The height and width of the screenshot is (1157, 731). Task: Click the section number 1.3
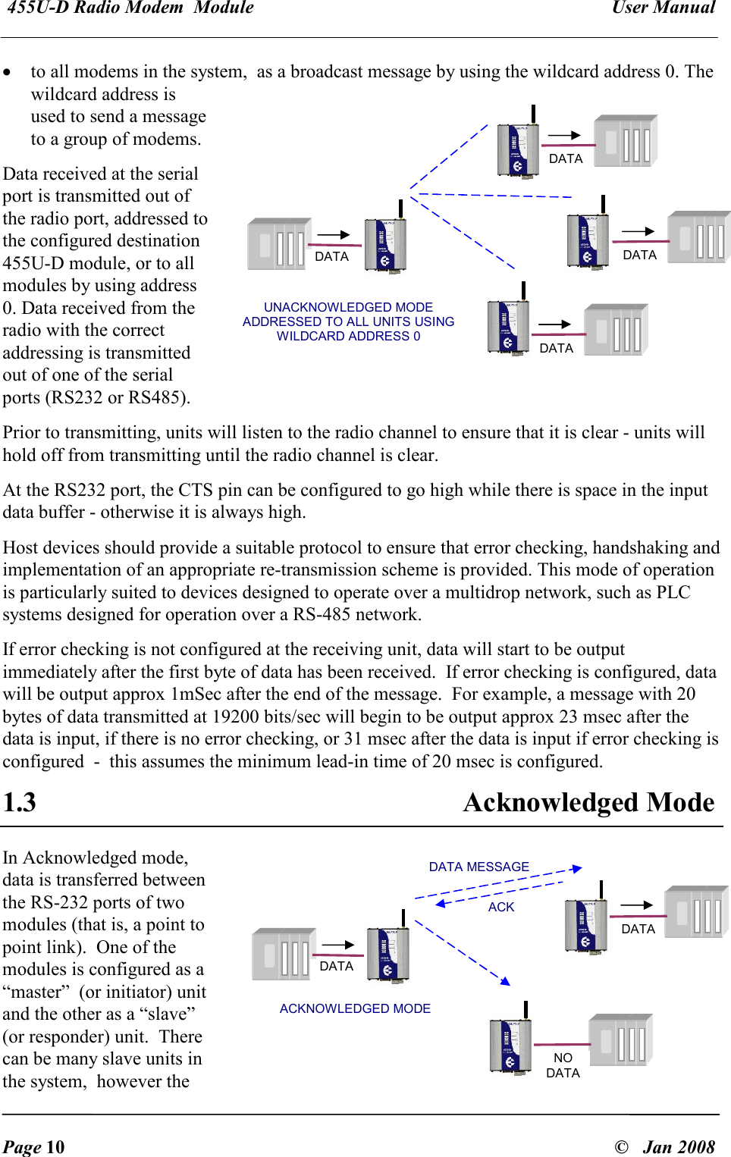coord(20,802)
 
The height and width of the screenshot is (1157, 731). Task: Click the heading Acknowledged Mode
coord(588,802)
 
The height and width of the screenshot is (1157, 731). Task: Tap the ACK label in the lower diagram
coord(500,907)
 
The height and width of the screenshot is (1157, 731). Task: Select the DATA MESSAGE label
coord(478,867)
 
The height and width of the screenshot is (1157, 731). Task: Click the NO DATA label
coord(563,1065)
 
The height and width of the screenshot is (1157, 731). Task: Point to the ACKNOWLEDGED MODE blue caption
coord(355,1008)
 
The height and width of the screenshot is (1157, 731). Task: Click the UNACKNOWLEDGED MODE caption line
coord(348,307)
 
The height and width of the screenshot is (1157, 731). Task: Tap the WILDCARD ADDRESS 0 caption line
coord(348,336)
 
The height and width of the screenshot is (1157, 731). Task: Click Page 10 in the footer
coord(33,1146)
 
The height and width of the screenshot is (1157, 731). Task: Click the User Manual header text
coord(664,8)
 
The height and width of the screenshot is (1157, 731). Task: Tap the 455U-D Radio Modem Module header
coord(130,8)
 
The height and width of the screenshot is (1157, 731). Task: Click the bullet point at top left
coord(7,73)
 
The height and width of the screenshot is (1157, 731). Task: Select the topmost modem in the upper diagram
coord(518,149)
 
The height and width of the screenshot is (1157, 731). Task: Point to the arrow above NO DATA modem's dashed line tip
coord(505,981)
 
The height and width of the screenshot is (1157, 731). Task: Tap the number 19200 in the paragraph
coord(237,716)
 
